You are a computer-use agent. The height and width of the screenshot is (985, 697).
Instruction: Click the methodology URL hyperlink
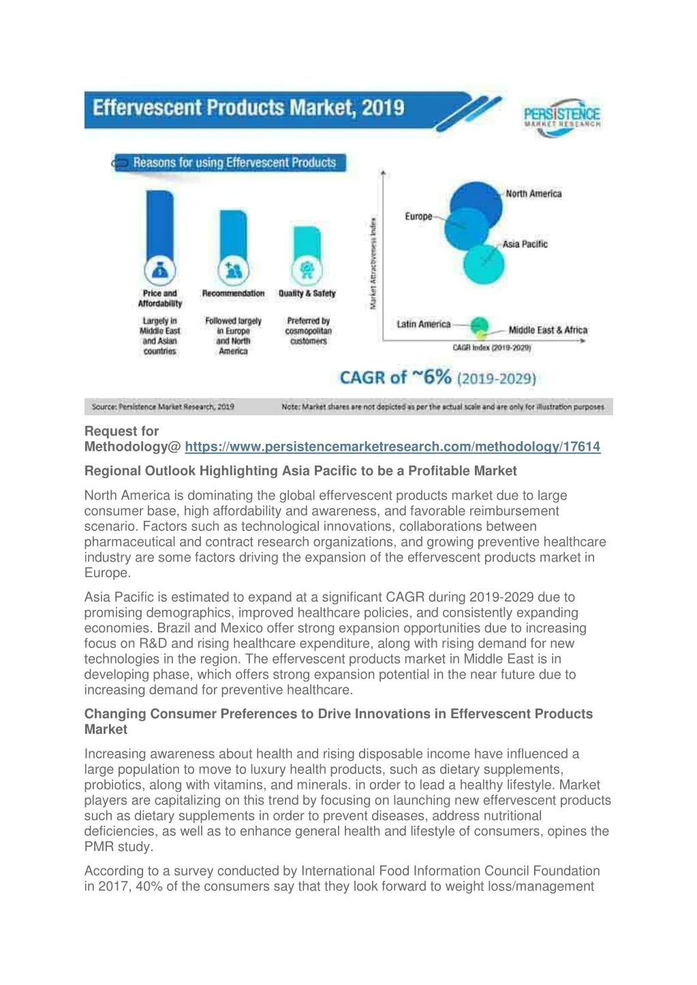click(x=392, y=447)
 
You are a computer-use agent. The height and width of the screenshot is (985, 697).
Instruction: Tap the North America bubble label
click(x=533, y=194)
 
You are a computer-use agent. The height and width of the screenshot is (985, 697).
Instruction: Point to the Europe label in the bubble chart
click(x=418, y=216)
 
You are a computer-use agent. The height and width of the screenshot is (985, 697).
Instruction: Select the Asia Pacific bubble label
click(x=525, y=244)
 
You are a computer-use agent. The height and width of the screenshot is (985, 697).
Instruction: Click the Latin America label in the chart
click(x=423, y=324)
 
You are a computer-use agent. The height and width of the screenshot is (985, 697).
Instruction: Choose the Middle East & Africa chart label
click(x=548, y=330)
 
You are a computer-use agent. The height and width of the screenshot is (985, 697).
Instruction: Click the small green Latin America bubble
click(x=480, y=325)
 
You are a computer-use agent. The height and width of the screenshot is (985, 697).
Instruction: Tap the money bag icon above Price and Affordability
click(x=160, y=272)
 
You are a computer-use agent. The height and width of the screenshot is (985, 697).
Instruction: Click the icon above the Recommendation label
click(x=233, y=271)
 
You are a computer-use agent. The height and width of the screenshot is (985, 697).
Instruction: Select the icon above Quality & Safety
click(x=307, y=270)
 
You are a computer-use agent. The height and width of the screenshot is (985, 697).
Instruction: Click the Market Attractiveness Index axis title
click(x=373, y=263)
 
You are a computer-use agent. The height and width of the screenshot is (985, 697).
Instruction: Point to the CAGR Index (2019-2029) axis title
click(x=492, y=348)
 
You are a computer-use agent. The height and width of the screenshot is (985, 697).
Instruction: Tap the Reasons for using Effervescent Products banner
click(x=234, y=163)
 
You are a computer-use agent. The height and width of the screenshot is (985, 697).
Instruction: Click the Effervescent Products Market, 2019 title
click(x=249, y=108)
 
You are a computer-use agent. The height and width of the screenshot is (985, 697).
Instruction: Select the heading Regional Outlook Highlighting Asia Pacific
click(x=300, y=471)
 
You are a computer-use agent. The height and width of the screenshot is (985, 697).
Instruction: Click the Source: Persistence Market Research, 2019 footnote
click(x=163, y=407)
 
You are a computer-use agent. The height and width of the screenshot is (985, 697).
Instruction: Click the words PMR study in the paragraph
click(x=118, y=847)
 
